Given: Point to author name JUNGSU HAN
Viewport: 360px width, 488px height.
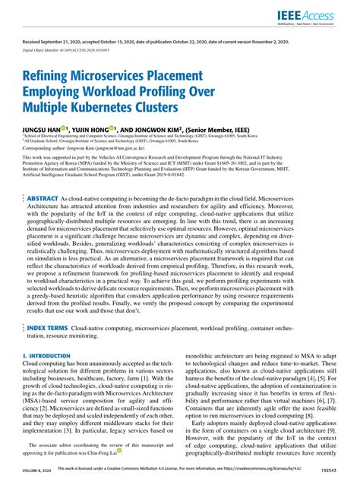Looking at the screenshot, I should click(x=43, y=130).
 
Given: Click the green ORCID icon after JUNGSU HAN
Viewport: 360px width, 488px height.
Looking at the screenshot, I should click(x=67, y=129).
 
